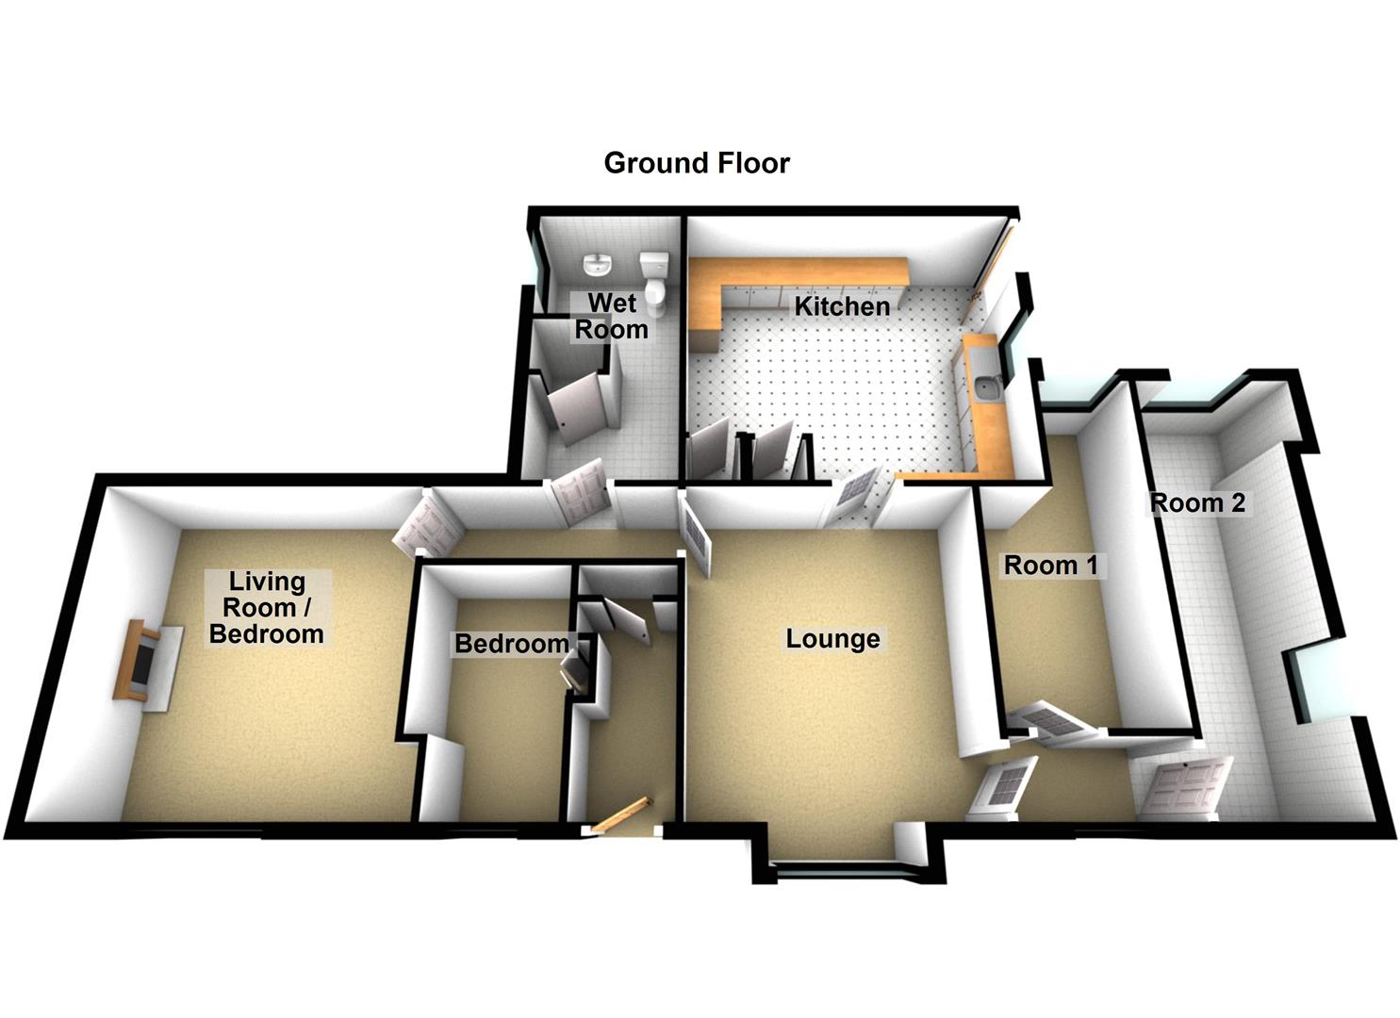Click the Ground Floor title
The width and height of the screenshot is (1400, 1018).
coord(697,163)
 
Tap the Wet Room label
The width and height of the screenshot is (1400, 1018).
coord(612,317)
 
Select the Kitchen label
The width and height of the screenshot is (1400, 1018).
coord(842,306)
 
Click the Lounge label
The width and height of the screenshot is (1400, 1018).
coord(833,639)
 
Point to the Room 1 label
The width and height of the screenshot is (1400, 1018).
coord(1050,566)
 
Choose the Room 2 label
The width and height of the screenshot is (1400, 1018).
coord(1197,503)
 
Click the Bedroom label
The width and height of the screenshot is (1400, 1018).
coord(512,644)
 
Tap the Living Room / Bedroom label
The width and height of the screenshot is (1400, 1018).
coord(267,608)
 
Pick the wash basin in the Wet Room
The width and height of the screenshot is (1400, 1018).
coord(597,265)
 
